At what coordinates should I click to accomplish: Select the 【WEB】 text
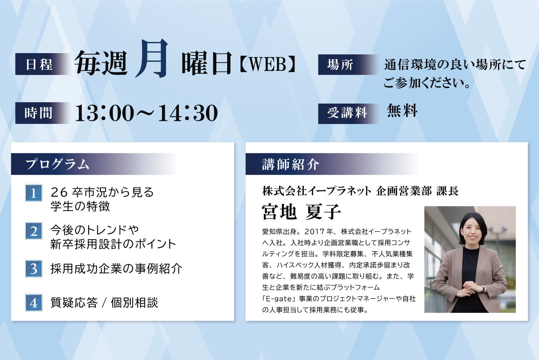click(x=267, y=64)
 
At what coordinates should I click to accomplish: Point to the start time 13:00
click(x=104, y=113)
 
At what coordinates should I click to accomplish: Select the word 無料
click(x=402, y=111)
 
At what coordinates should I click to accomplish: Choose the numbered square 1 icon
click(x=34, y=193)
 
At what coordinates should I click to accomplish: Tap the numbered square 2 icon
click(x=34, y=231)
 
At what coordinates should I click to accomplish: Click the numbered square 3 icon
click(x=34, y=269)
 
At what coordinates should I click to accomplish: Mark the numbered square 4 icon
click(x=34, y=303)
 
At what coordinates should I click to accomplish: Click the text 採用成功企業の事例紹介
click(x=116, y=269)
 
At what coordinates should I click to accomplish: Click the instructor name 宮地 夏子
click(x=301, y=211)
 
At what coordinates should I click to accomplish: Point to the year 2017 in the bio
click(x=315, y=231)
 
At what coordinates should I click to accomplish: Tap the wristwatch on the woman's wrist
click(x=483, y=288)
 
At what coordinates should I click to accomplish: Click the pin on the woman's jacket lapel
click(x=480, y=265)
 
